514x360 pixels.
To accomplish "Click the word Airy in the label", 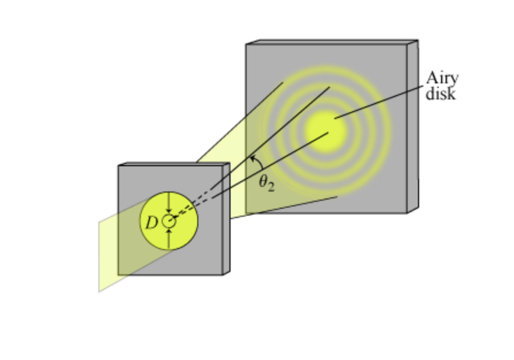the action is click(x=442, y=79).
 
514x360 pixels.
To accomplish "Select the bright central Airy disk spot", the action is click(x=326, y=131).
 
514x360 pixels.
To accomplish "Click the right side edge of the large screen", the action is click(x=412, y=127).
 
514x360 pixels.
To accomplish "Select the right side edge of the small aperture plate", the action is click(x=226, y=219).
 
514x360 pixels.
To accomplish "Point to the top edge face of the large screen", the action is click(x=331, y=42).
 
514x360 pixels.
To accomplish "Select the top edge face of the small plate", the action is click(x=172, y=164).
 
